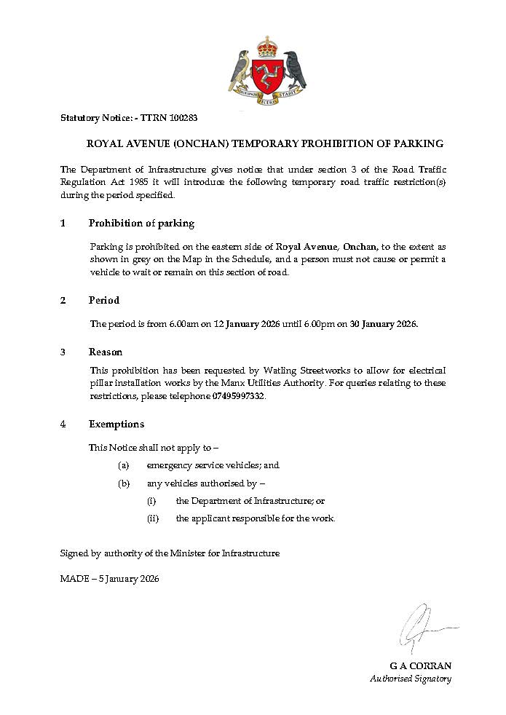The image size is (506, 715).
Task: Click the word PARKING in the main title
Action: (417, 143)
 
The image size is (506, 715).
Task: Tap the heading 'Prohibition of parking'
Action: (141, 223)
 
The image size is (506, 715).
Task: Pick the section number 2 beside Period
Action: (63, 300)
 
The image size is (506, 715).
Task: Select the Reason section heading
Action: (106, 352)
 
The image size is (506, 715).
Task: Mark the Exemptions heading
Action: (116, 424)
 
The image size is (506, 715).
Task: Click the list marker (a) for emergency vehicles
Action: (124, 465)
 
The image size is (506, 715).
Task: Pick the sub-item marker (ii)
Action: (152, 518)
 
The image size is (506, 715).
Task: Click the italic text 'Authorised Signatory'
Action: (411, 679)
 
